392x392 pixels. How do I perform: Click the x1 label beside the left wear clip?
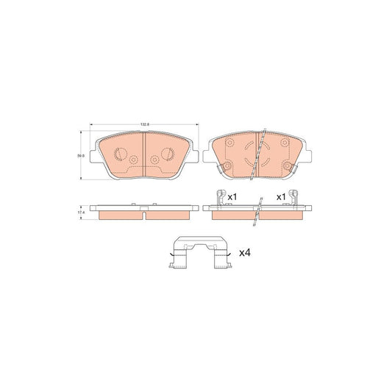231,197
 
